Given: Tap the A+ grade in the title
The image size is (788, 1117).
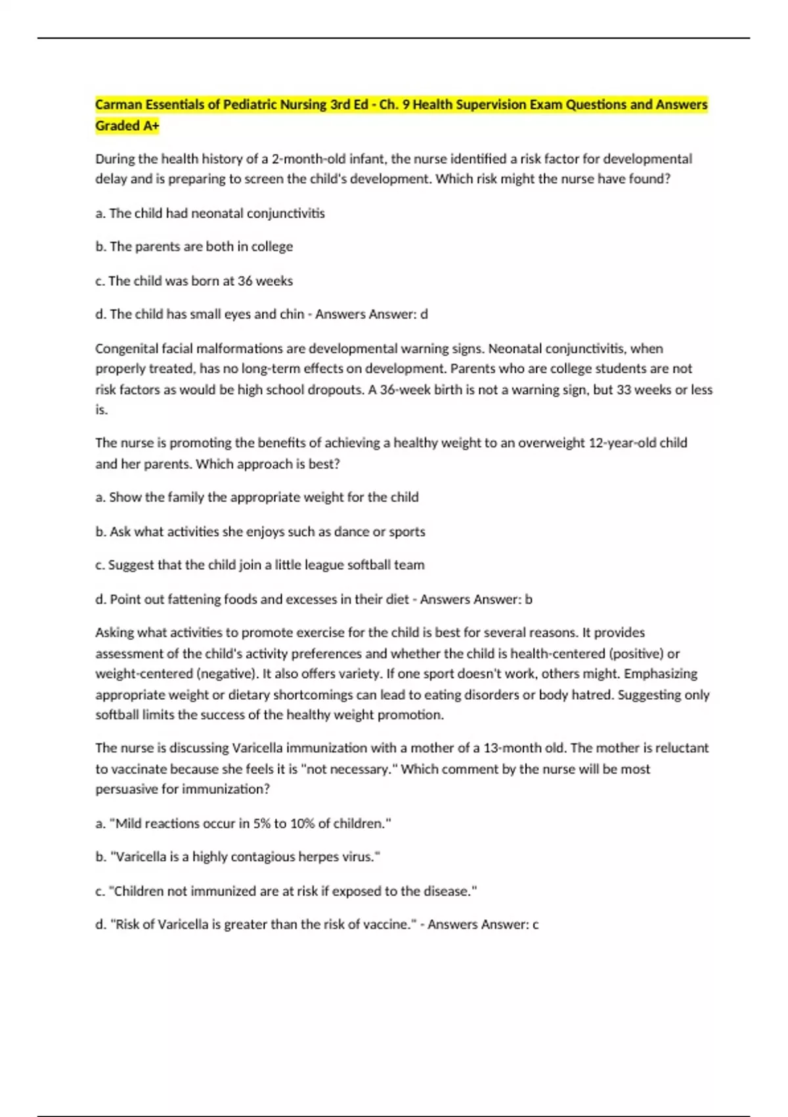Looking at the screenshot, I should point(150,125).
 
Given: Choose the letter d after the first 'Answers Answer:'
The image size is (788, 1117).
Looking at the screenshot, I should point(424,314).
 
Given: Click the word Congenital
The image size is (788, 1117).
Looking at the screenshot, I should point(125,348).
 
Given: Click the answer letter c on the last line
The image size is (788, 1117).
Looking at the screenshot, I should point(535,924).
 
